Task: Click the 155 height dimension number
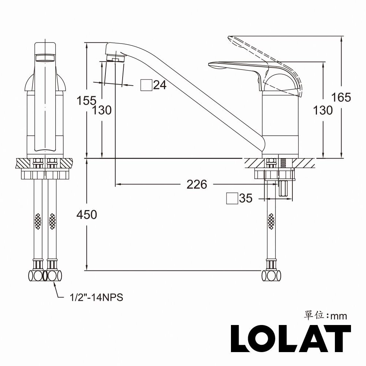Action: click(86, 100)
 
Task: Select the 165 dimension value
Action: click(341, 97)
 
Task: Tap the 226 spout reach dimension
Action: click(197, 184)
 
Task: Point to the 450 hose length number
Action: click(86, 214)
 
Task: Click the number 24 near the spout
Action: click(160, 85)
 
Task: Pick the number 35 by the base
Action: click(246, 198)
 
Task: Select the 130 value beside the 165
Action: click(323, 110)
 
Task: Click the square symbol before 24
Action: click(146, 85)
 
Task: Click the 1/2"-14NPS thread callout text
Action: click(96, 298)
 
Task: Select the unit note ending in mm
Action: click(325, 315)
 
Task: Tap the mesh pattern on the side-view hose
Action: click(271, 221)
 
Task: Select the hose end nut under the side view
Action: click(271, 275)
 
